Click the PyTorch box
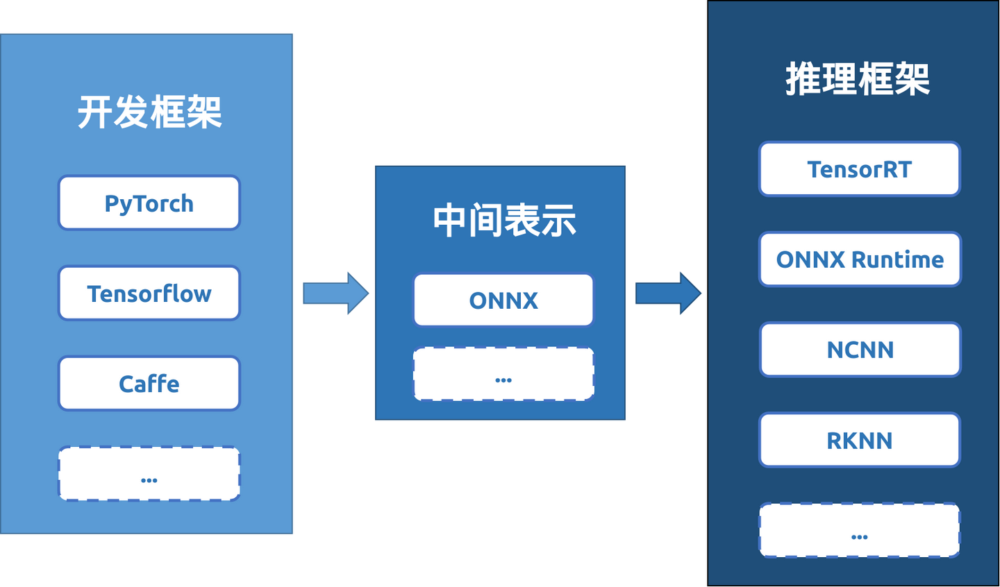[149, 203]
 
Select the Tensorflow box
[149, 293]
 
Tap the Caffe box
[149, 384]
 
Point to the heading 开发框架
[149, 112]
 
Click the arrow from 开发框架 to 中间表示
[335, 293]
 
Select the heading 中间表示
[503, 221]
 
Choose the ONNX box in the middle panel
[503, 300]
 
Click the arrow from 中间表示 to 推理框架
[668, 293]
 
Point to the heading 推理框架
[858, 79]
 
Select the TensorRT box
[860, 169]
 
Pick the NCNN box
[860, 350]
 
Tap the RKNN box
[860, 441]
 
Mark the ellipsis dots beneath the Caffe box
[149, 480]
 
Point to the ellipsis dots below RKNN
[860, 537]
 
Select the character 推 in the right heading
[803, 79]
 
